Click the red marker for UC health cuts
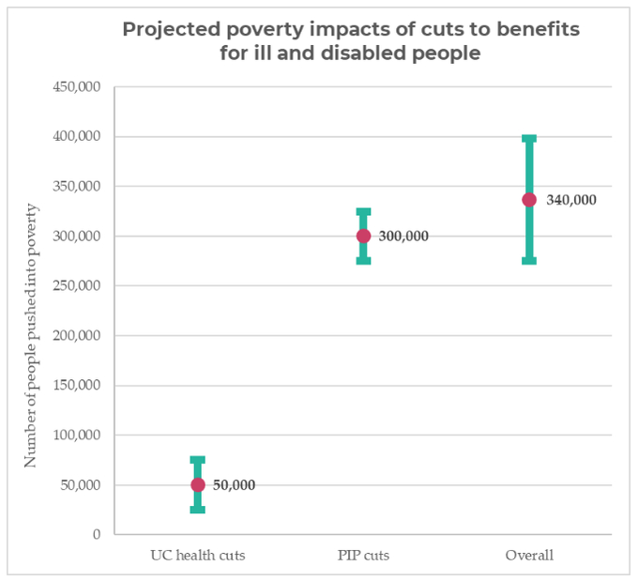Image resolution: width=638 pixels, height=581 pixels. point(198,484)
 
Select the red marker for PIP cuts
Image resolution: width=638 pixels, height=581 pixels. point(363,236)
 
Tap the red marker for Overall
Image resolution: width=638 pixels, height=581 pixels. point(529,199)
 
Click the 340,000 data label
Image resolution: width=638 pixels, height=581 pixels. point(570,200)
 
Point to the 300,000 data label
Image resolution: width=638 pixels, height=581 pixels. point(403,237)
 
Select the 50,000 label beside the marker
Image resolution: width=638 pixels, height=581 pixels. point(234,485)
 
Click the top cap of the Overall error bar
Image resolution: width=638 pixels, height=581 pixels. point(529,139)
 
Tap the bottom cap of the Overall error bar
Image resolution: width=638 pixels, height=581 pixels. point(529,260)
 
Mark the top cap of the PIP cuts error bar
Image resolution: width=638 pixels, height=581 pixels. point(363,212)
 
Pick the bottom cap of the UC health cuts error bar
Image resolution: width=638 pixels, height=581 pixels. point(198,509)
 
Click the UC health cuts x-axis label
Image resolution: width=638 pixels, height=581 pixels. point(198,556)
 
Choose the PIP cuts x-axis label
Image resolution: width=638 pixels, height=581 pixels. point(363,556)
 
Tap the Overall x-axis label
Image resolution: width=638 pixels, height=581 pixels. point(529,556)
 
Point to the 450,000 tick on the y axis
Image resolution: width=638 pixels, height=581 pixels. point(76,87)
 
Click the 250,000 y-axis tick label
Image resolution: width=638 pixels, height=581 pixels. point(76,286)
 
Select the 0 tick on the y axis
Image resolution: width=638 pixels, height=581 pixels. point(96,535)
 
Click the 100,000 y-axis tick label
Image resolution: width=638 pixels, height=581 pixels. point(76,436)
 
